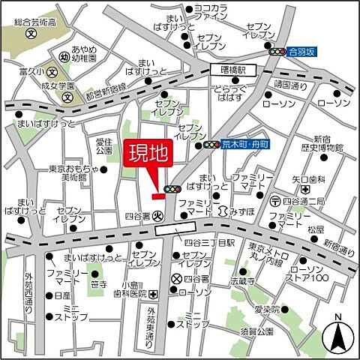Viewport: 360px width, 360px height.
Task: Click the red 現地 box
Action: point(148,156)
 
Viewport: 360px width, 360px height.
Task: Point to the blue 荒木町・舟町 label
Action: point(244,145)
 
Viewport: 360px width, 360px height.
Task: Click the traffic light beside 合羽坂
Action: point(277,52)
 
